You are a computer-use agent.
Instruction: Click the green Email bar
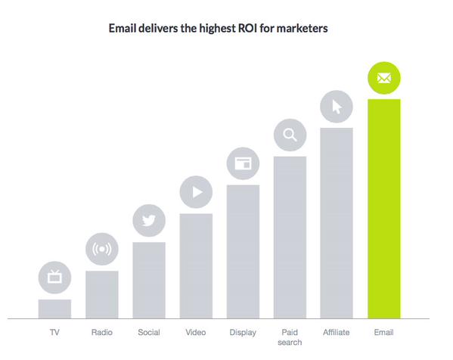[x=383, y=208]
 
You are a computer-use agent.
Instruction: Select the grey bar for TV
[x=54, y=309]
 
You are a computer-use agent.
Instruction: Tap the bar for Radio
[x=101, y=294]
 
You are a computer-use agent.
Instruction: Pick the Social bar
[x=148, y=280]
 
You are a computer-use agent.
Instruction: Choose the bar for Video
[x=195, y=265]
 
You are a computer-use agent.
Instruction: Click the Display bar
[x=243, y=251]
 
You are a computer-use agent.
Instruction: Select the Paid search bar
[x=290, y=237]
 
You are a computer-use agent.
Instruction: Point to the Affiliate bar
[x=337, y=223]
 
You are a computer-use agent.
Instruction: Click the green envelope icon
[x=383, y=78]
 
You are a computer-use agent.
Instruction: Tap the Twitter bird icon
[x=148, y=221]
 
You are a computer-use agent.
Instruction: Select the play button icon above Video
[x=196, y=192]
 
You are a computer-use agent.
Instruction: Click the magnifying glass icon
[x=290, y=135]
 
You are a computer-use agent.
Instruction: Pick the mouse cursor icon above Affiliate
[x=337, y=107]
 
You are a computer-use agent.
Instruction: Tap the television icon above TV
[x=54, y=278]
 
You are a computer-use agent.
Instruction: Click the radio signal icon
[x=101, y=249]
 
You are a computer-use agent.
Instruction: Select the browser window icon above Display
[x=243, y=163]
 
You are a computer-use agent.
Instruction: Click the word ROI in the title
[x=250, y=29]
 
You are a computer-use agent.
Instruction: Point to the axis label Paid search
[x=290, y=337]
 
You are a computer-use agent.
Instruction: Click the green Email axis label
[x=383, y=332]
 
